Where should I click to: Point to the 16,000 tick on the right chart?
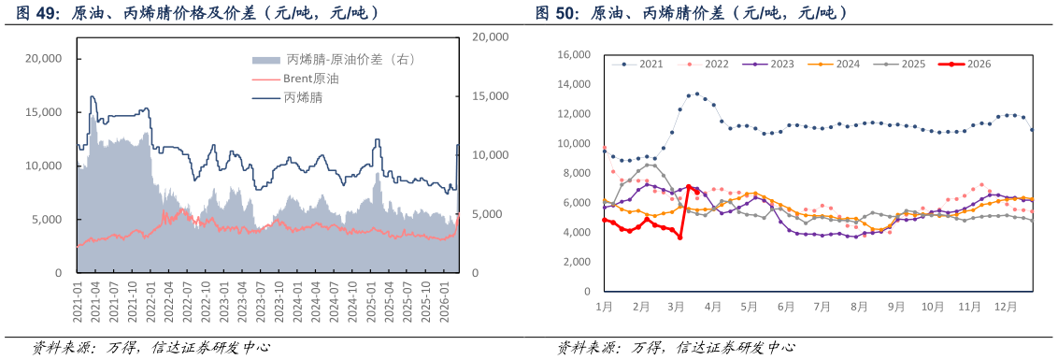574,55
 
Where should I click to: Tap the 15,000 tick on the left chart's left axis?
43,112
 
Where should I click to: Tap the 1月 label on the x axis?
604,306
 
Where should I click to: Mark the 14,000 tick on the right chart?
574,84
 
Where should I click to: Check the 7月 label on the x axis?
823,306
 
